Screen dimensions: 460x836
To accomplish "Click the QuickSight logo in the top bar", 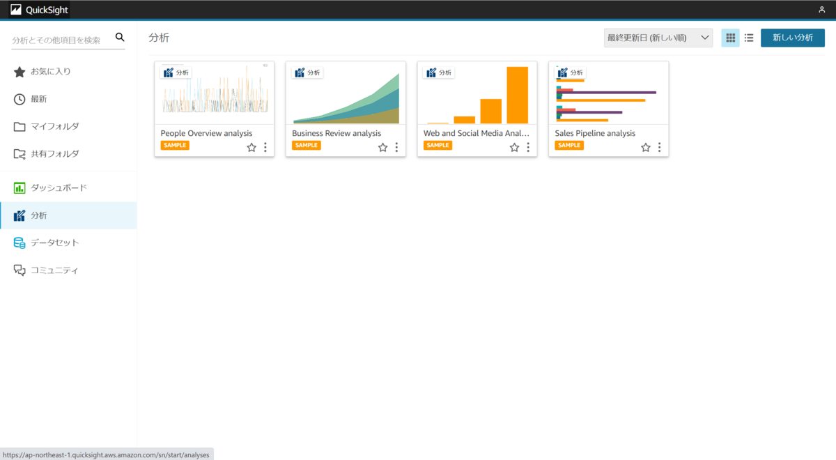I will point(39,10).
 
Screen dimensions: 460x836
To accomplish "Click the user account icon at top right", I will point(821,10).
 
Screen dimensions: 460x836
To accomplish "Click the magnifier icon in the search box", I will point(119,38).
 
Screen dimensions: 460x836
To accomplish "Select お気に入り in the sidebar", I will point(50,72).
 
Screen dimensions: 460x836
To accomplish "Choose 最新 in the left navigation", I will point(38,99).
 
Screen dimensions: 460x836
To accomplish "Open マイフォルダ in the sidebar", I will point(54,126).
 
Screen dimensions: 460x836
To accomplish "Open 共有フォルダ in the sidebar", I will point(54,154).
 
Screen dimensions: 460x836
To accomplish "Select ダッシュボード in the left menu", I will point(59,188).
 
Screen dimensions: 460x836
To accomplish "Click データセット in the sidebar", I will point(54,243).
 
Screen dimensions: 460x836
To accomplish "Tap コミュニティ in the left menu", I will point(54,270).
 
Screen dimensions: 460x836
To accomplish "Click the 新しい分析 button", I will point(792,38).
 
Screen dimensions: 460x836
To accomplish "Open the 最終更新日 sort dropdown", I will point(658,38).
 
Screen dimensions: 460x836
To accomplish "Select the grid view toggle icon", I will point(730,38).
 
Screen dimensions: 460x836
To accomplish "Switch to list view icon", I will point(749,38).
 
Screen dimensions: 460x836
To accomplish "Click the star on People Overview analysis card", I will point(251,147).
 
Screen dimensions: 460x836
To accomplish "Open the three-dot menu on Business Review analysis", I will point(396,147).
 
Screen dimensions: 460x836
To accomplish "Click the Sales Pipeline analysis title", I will point(595,133).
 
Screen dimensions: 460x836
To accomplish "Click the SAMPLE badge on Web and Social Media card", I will point(438,146).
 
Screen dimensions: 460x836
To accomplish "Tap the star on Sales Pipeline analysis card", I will point(646,147).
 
